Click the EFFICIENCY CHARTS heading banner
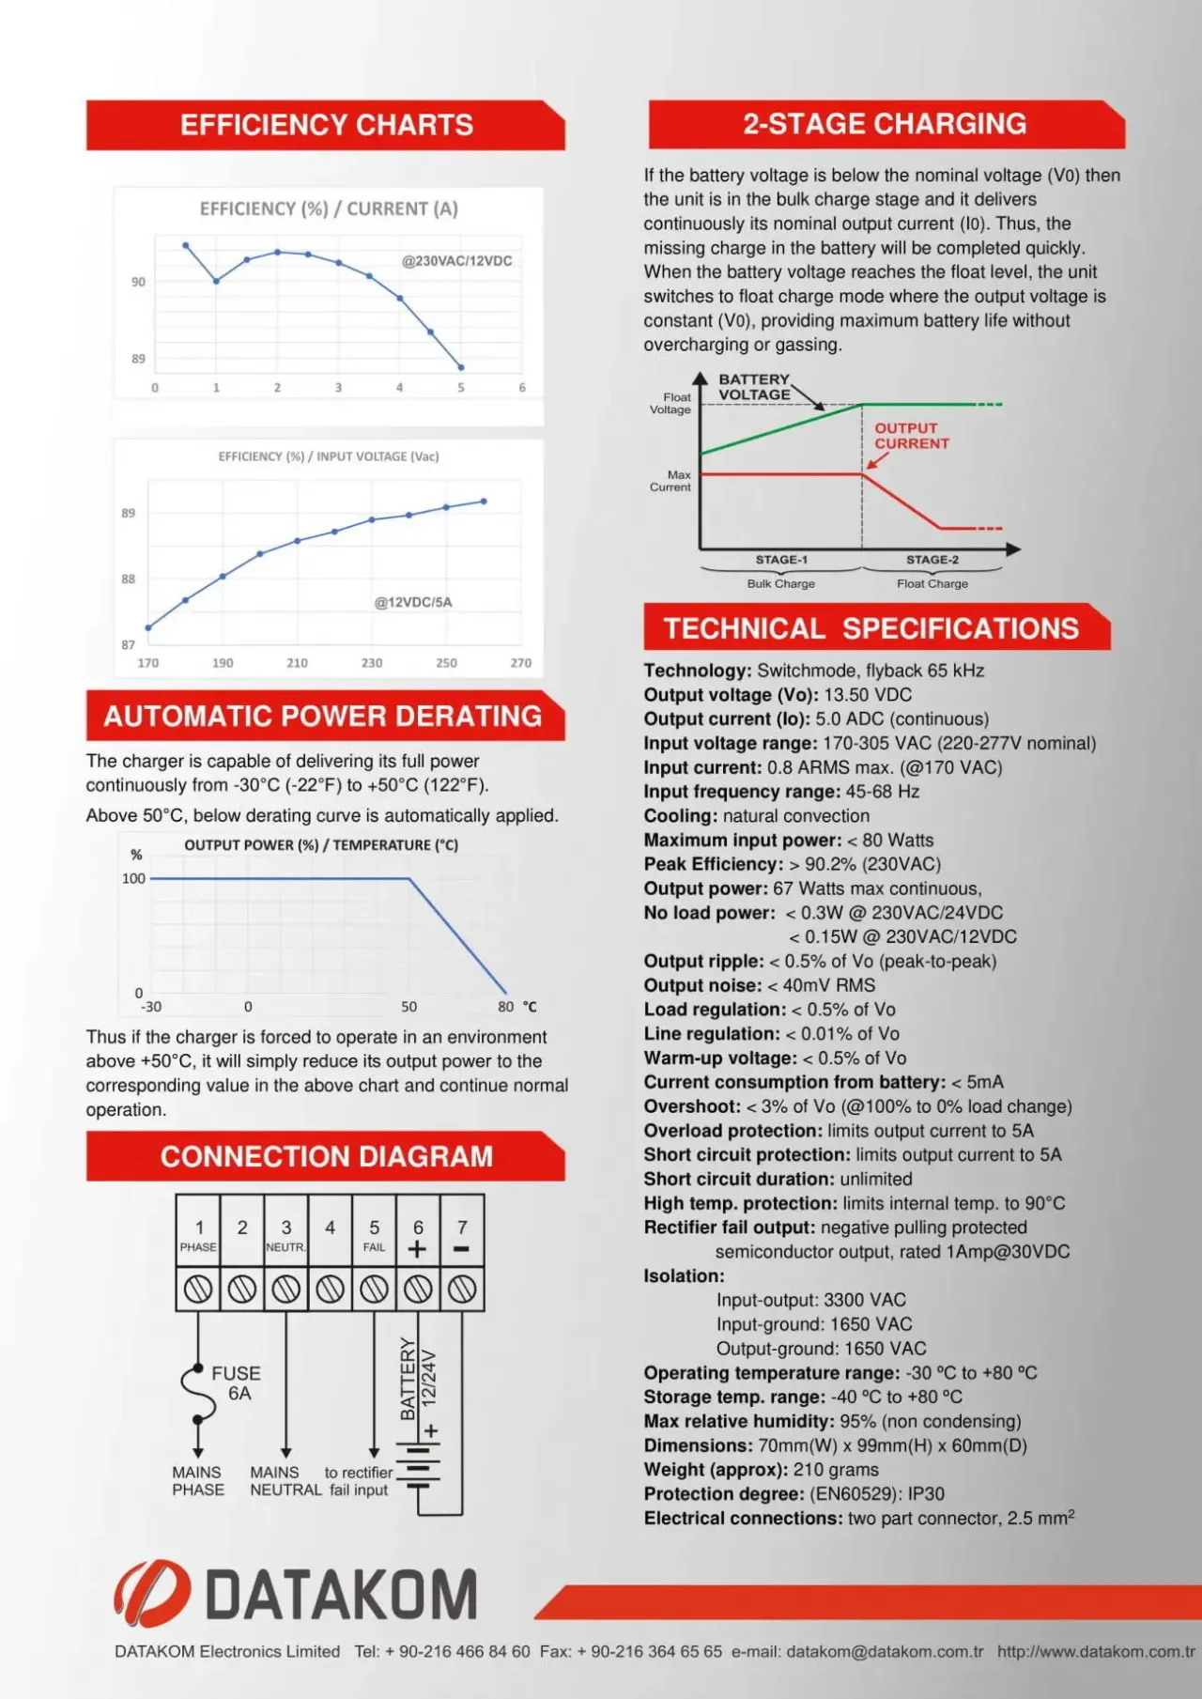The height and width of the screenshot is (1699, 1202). (x=326, y=125)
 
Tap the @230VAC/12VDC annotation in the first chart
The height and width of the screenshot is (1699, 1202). (x=456, y=261)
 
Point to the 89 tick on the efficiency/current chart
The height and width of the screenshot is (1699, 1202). (x=138, y=359)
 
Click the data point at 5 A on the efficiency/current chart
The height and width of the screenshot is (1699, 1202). (x=461, y=367)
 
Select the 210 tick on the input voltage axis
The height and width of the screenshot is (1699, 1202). (x=297, y=663)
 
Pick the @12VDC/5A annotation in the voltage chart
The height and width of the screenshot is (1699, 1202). (x=413, y=602)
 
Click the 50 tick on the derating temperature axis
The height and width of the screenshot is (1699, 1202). (x=409, y=1007)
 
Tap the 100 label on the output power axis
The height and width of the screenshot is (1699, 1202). (x=133, y=879)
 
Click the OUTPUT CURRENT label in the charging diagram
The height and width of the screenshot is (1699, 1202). (x=911, y=436)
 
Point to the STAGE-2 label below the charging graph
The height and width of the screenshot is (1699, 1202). (x=932, y=560)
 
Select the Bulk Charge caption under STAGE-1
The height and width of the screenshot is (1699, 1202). (x=780, y=583)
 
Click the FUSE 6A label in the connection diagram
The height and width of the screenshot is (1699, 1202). (x=237, y=1382)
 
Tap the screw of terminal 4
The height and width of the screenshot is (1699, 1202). (x=330, y=1290)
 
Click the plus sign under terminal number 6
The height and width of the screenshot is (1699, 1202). (x=418, y=1249)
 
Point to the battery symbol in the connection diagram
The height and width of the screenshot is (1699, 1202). (x=418, y=1467)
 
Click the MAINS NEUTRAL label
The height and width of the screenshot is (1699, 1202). (x=285, y=1481)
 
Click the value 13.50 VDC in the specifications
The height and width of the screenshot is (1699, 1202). (x=868, y=695)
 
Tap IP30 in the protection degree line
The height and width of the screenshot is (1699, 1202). (x=926, y=1494)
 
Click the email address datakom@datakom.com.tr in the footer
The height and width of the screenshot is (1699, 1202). (x=885, y=1651)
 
